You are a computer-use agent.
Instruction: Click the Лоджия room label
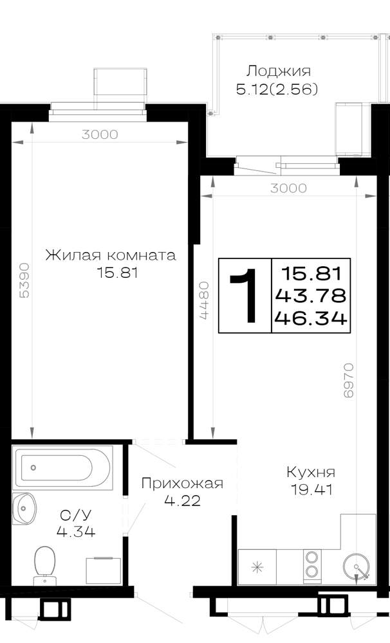tap(278, 72)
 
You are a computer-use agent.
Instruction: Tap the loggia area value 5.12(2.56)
tap(277, 89)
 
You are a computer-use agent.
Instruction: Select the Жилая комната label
tap(111, 255)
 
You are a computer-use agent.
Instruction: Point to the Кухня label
tap(311, 473)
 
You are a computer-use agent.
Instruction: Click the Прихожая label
tap(182, 483)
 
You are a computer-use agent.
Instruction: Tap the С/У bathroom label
tap(75, 514)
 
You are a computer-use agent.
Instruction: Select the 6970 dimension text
tap(348, 380)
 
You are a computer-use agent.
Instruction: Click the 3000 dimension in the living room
tap(100, 134)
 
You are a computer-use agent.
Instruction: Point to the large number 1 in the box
tap(245, 295)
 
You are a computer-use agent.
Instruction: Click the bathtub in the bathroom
tap(62, 467)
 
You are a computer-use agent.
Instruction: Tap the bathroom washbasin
tap(24, 509)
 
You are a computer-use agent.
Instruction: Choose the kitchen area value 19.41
tap(311, 489)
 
